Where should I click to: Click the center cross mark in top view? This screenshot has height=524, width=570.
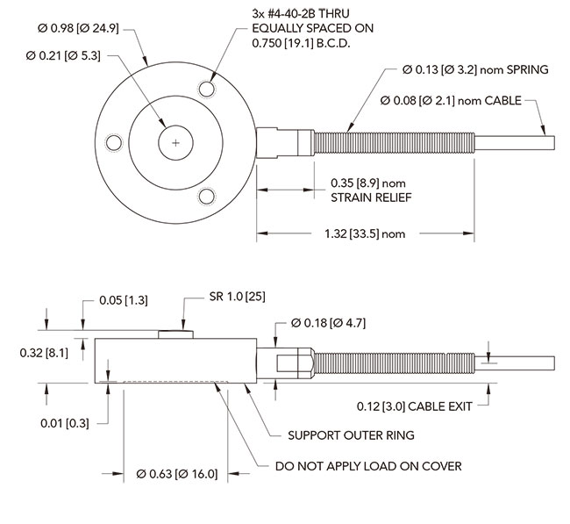point(176,142)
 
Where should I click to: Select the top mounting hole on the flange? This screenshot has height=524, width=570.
point(207,89)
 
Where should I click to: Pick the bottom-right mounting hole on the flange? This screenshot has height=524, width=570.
point(207,196)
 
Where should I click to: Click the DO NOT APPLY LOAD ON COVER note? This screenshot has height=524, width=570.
point(368,465)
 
